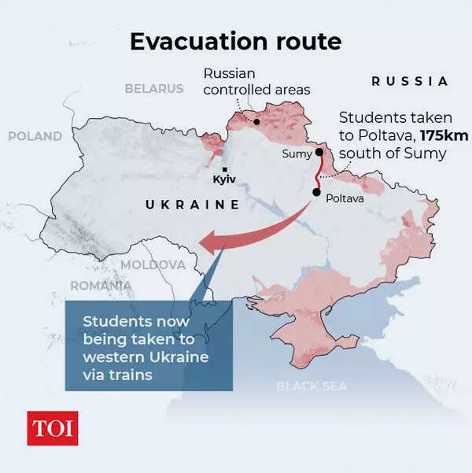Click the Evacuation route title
tap(235, 42)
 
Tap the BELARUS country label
tap(153, 89)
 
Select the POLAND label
tap(35, 136)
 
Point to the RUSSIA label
tap(409, 81)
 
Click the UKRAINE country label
tap(193, 205)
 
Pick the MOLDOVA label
tap(153, 264)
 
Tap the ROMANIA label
tap(101, 285)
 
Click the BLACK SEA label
tap(312, 386)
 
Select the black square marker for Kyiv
tap(226, 169)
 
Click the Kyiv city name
tap(226, 180)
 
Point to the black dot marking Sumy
tap(319, 153)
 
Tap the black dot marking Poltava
tap(316, 191)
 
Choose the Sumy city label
tap(297, 154)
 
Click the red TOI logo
tap(53, 428)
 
